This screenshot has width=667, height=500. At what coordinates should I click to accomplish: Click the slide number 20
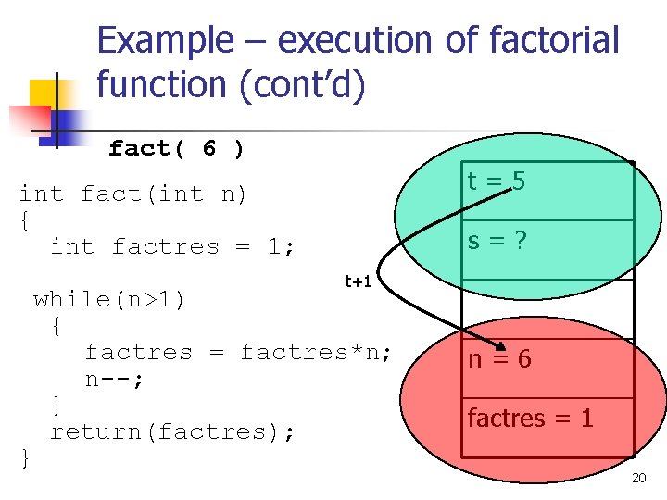point(638,478)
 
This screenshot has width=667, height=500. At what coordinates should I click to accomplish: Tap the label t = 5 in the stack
point(497,181)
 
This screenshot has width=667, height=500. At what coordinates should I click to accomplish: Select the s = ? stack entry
point(497,242)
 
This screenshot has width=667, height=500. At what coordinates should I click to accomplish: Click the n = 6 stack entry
point(499,358)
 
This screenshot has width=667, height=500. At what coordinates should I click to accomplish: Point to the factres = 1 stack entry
point(530,418)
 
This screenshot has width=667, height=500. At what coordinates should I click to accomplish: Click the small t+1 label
point(358,281)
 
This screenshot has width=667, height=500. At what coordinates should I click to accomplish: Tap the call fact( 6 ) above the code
point(176,148)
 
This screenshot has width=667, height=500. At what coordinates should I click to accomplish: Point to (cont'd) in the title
point(302,85)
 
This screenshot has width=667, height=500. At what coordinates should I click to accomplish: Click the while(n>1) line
point(109,299)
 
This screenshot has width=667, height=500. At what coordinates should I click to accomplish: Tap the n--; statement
point(115,379)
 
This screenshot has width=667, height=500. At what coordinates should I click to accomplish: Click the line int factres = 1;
point(173,246)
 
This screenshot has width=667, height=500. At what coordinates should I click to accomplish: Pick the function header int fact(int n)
point(133,194)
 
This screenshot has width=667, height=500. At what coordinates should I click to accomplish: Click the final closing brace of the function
point(25,457)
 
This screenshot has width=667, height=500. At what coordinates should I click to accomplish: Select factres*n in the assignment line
point(316,352)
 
